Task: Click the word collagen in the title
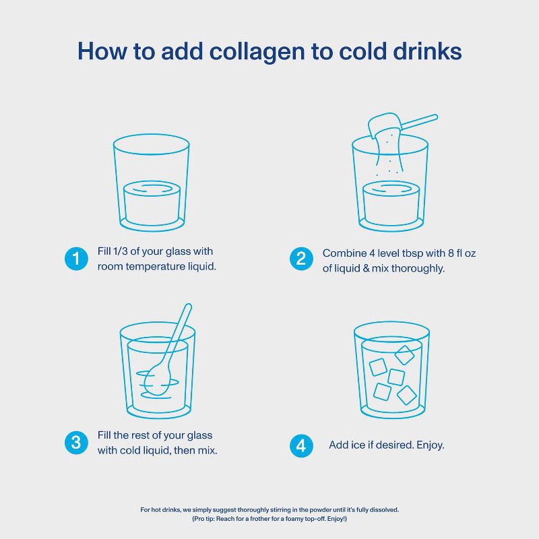tap(257, 53)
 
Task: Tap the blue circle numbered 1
tap(76, 259)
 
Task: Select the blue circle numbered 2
tap(301, 259)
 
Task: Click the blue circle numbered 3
tap(76, 443)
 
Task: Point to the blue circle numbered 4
tap(301, 445)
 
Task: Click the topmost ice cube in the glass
tap(404, 355)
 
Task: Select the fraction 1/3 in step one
tap(121, 251)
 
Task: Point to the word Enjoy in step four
tap(430, 445)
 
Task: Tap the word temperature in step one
tap(155, 266)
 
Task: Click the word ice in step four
tap(358, 445)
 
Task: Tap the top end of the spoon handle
tap(188, 305)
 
